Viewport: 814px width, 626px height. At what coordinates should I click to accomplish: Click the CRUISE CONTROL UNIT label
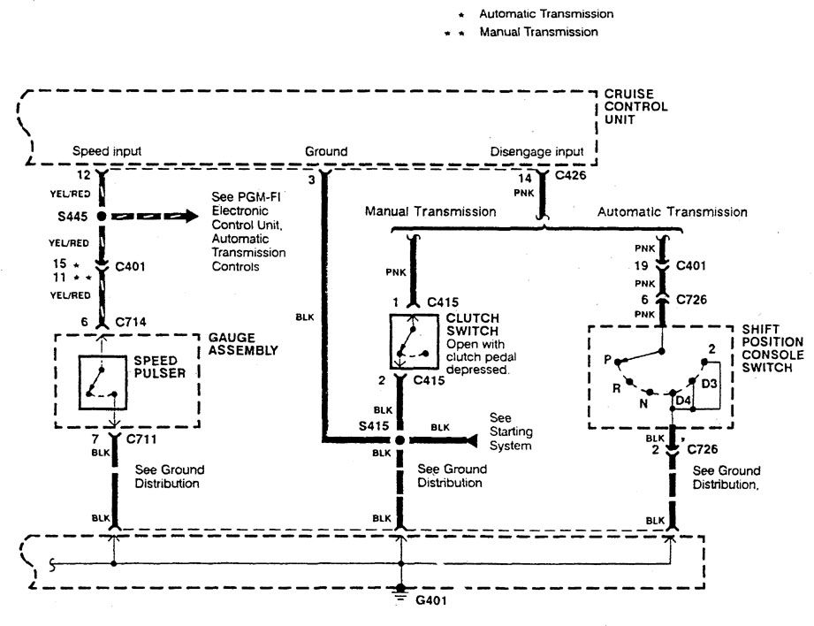point(635,107)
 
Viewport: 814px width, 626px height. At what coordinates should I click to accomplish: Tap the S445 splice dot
point(102,215)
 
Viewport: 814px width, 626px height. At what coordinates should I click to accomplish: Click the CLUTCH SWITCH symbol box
point(415,341)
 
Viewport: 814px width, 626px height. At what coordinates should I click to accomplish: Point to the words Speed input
point(107,151)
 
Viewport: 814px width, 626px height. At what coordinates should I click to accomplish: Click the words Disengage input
point(536,151)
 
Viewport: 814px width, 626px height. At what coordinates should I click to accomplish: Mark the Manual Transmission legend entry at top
point(538,32)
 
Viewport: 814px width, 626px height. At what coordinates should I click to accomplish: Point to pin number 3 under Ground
point(311,180)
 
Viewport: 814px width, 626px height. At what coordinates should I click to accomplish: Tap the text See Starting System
point(511,431)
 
